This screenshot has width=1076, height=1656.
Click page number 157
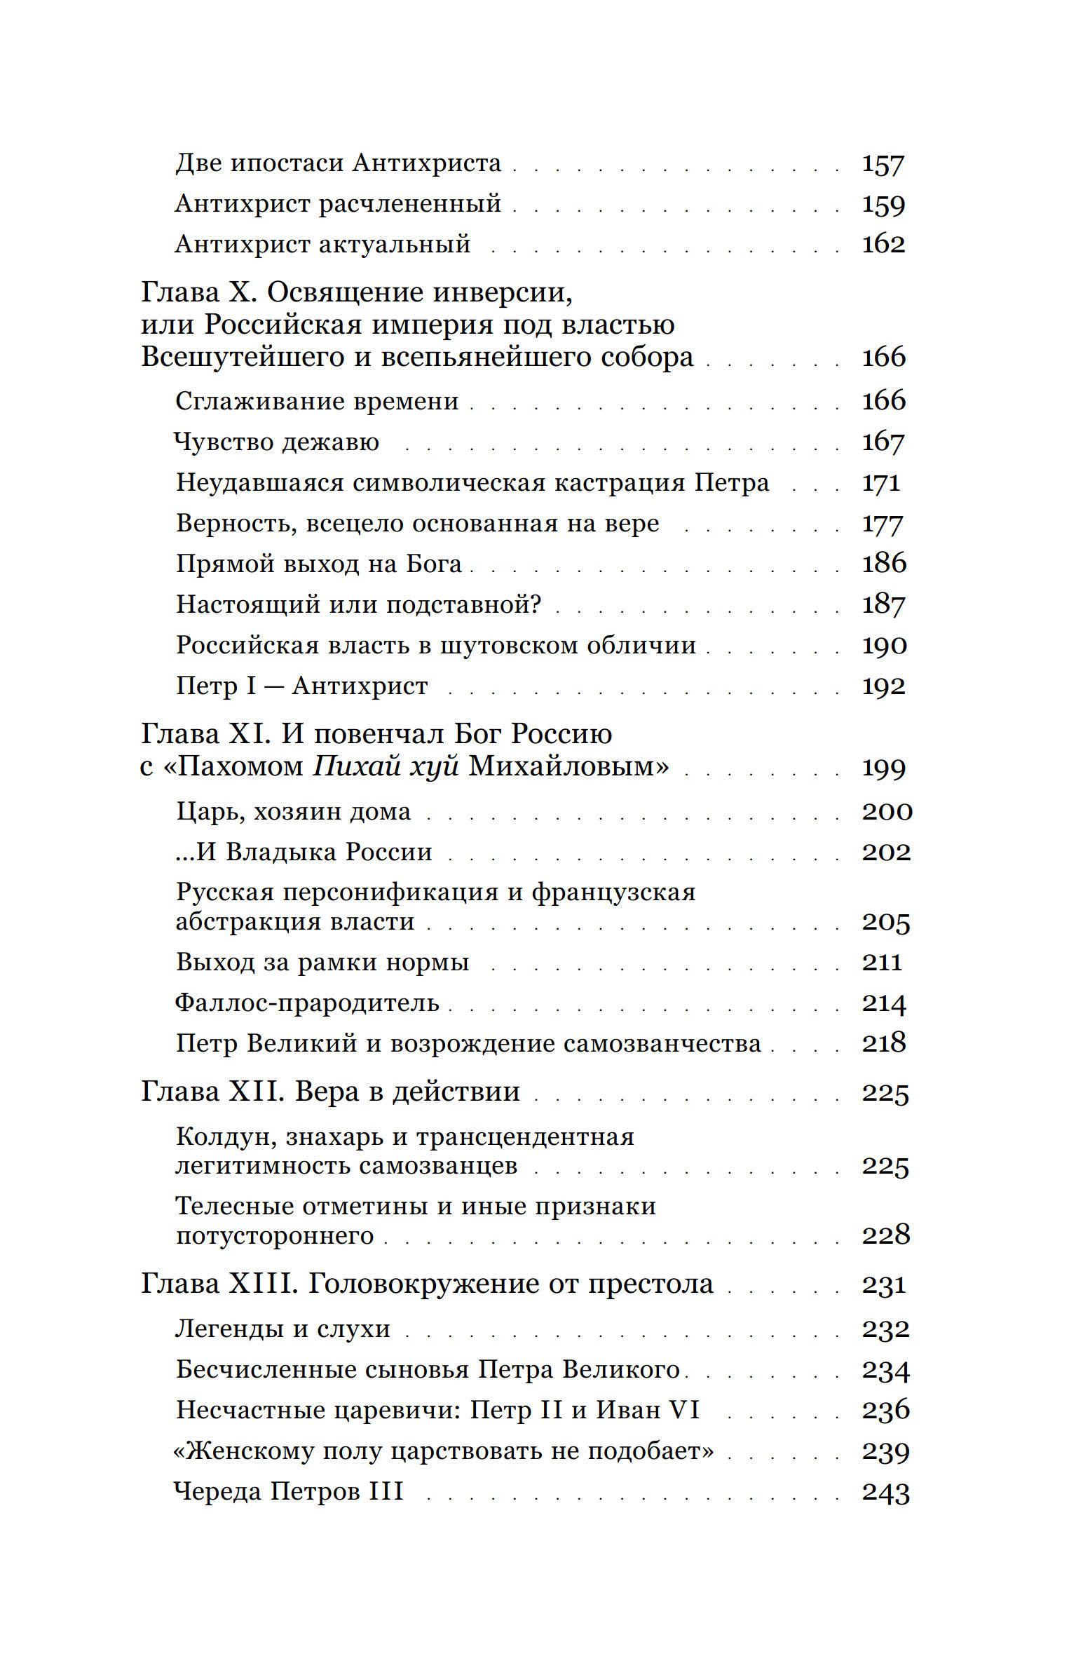(883, 163)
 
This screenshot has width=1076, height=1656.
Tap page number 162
(883, 244)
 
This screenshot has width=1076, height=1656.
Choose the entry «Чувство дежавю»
(277, 442)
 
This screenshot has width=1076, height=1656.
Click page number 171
(881, 483)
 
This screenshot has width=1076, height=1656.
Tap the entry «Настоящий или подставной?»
(359, 604)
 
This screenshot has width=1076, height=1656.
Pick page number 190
(884, 645)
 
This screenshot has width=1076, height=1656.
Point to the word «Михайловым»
(568, 766)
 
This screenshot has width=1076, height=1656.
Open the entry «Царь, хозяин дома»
(294, 812)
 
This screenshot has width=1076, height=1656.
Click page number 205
(885, 923)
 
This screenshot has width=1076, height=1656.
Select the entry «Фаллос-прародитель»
(307, 1003)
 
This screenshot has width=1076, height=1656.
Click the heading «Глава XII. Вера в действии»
(331, 1092)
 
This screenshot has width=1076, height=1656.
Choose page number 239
(885, 1451)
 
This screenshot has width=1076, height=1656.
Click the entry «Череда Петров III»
(289, 1491)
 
